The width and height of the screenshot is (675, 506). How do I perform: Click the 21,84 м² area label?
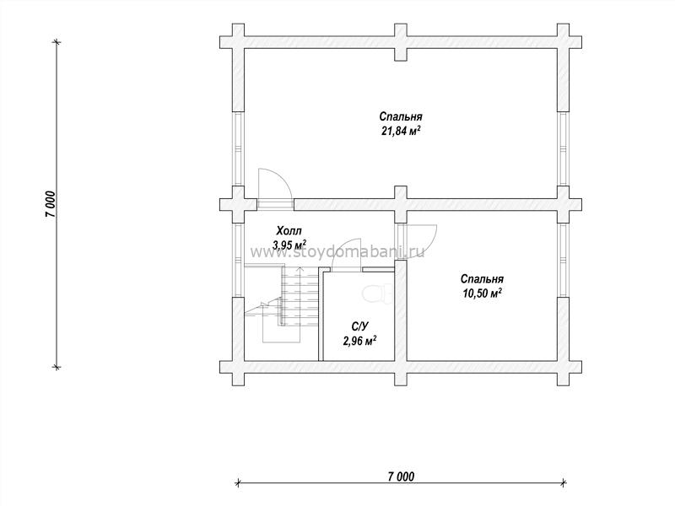(401, 131)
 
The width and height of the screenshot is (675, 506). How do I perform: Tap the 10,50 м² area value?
(482, 293)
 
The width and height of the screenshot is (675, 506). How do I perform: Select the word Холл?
(289, 230)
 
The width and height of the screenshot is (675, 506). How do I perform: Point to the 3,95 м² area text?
(289, 245)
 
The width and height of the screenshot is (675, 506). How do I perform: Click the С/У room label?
(359, 326)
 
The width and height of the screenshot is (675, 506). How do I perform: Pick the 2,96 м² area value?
(360, 341)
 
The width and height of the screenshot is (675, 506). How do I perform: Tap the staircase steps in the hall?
(300, 297)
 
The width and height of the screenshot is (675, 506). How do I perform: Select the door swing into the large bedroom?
(276, 183)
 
